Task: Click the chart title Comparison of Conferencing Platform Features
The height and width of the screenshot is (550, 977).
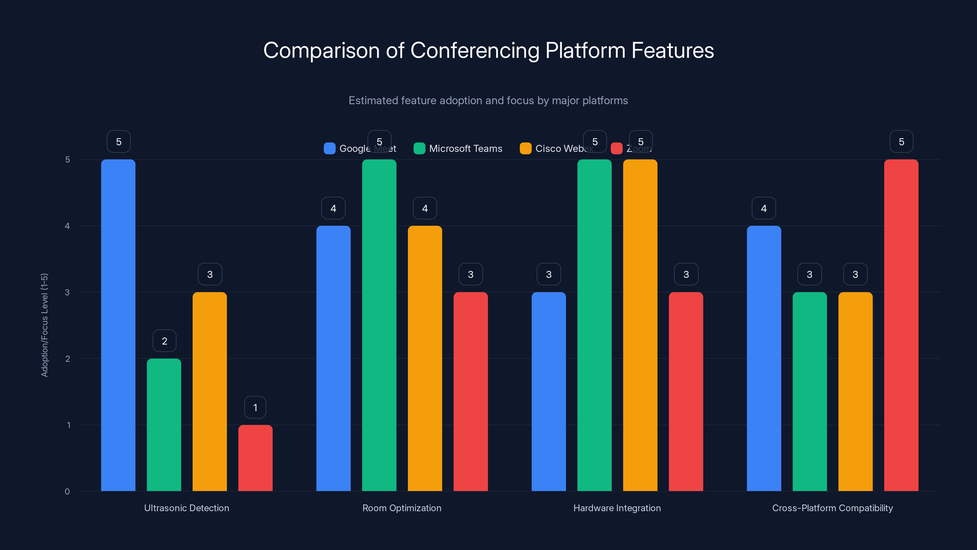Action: click(x=488, y=50)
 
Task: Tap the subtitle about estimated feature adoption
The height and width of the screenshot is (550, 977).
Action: click(x=488, y=101)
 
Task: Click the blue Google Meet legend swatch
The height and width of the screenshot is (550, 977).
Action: click(x=330, y=148)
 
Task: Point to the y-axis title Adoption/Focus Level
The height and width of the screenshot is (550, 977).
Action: click(x=44, y=325)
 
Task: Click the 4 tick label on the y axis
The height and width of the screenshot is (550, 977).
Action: click(x=67, y=226)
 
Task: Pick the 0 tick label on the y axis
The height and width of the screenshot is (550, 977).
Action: click(x=67, y=492)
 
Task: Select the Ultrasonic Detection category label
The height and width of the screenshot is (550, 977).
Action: click(x=187, y=508)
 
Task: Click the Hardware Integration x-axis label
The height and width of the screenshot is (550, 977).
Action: click(x=617, y=508)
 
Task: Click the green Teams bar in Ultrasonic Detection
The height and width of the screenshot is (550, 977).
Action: click(x=164, y=425)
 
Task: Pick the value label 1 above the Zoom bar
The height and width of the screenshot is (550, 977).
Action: click(x=255, y=407)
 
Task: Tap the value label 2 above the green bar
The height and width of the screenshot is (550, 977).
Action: click(x=164, y=341)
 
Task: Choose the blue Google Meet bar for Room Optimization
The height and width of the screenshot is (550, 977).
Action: click(x=333, y=359)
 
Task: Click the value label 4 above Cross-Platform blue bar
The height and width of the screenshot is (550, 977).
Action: click(x=764, y=208)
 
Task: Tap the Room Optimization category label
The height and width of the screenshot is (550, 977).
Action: click(x=402, y=508)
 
